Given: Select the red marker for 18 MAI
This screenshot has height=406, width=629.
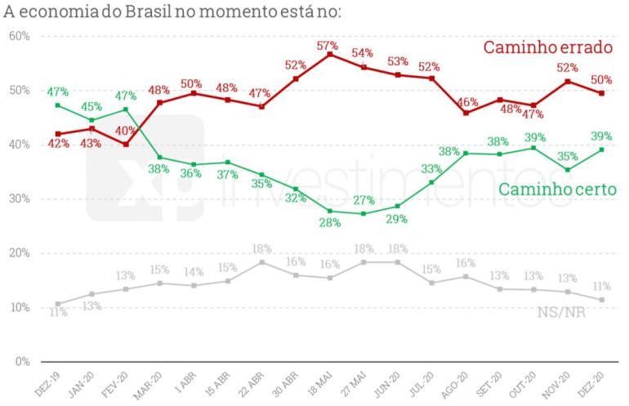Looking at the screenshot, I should (x=330, y=55).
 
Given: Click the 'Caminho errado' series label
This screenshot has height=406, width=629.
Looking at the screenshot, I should (x=547, y=48).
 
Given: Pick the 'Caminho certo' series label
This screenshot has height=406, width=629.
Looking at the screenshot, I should (x=557, y=190).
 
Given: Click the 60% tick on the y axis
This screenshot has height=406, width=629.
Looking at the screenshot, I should (x=20, y=36).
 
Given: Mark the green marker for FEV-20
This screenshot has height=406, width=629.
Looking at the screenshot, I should (x=126, y=109).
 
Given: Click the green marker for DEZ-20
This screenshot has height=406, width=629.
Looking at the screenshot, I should (x=601, y=149).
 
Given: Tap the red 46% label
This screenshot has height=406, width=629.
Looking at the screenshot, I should (x=467, y=102).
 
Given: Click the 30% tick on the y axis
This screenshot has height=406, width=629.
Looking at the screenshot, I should (x=20, y=199).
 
